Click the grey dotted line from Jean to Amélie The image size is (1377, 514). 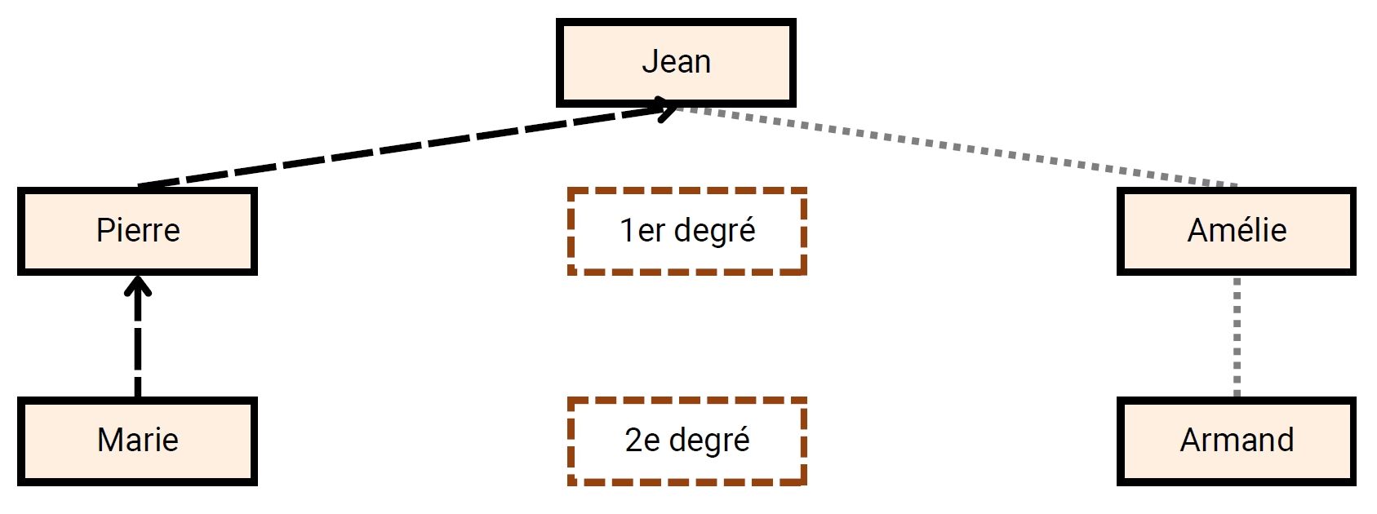click(955, 147)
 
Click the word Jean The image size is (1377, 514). click(676, 62)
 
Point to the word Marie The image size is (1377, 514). click(138, 441)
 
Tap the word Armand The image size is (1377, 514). click(1237, 441)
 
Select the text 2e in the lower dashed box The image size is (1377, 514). click(642, 441)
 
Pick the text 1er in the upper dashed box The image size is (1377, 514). click(642, 231)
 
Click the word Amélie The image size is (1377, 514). click(1237, 231)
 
